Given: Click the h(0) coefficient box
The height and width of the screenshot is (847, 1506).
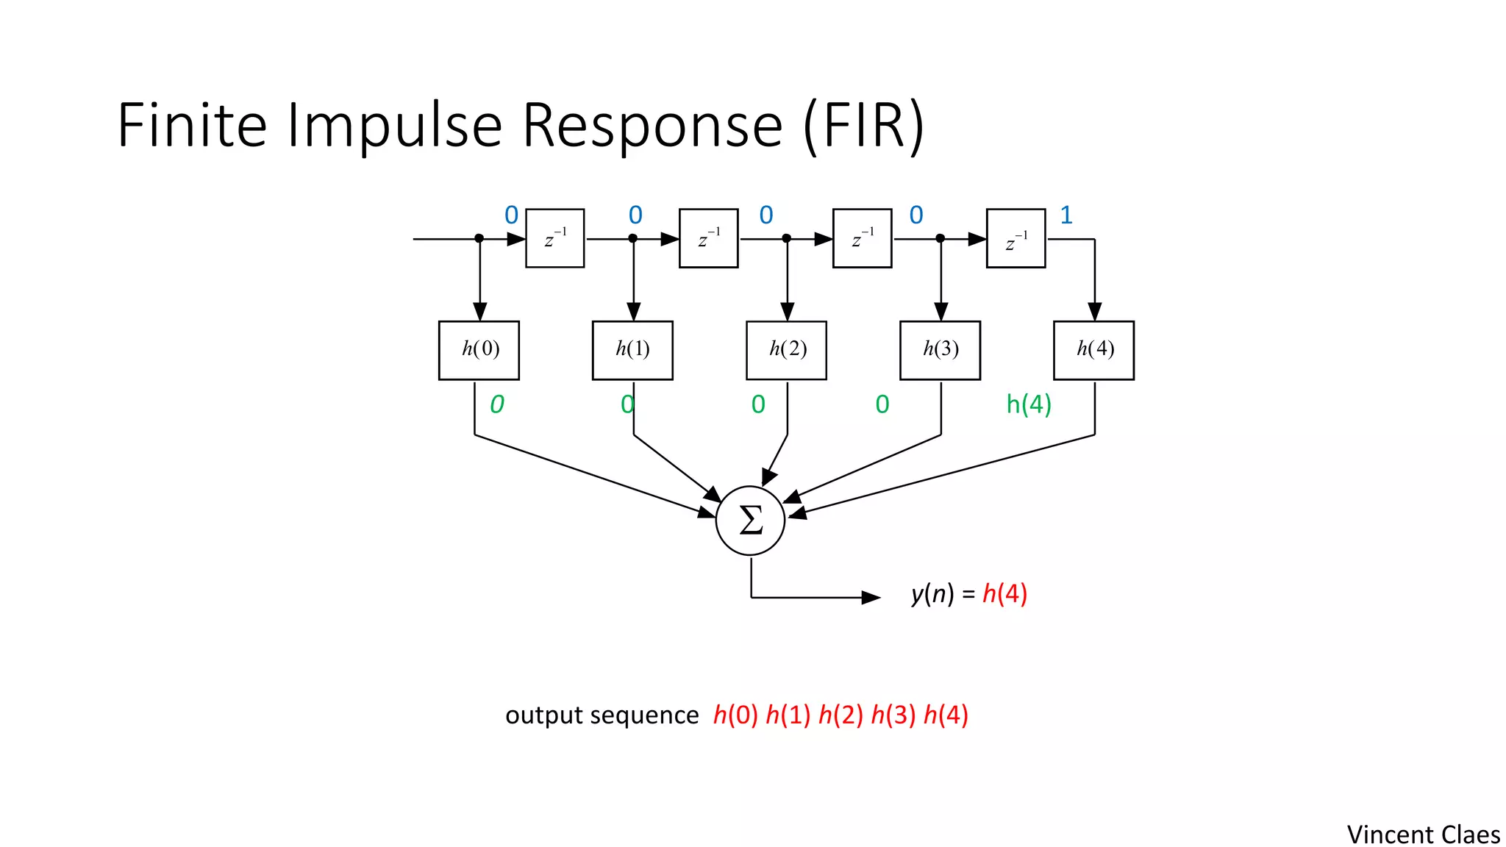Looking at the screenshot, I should click(x=479, y=350).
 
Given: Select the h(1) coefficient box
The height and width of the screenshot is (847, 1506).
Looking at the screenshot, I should click(x=632, y=350).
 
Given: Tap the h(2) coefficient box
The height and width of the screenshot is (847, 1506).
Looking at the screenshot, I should click(x=786, y=350).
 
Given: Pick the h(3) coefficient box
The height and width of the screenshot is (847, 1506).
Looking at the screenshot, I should click(x=940, y=350).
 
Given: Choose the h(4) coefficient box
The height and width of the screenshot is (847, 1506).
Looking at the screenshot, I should click(x=1093, y=350).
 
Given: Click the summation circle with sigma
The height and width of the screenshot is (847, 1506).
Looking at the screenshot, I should click(x=750, y=521).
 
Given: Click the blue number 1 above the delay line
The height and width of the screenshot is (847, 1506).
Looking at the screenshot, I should click(x=1066, y=215).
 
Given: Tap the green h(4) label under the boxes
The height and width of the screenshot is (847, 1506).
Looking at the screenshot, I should click(x=1028, y=404).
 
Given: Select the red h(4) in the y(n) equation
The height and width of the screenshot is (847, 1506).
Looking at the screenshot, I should click(x=1004, y=593).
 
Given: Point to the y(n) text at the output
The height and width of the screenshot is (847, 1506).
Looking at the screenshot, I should click(x=932, y=593).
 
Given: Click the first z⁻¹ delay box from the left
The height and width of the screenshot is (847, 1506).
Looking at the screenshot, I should click(x=555, y=238).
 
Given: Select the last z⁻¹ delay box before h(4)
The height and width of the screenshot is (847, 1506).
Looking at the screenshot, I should click(x=1016, y=238).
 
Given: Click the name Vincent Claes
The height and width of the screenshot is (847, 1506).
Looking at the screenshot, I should click(x=1423, y=835).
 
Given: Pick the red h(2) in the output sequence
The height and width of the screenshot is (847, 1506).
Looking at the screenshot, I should click(x=841, y=715).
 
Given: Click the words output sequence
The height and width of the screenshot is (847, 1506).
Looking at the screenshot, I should click(x=602, y=715).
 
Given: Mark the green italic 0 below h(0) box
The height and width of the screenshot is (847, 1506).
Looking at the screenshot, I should click(x=497, y=404).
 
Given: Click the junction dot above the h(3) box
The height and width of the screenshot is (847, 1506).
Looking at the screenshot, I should click(x=940, y=238).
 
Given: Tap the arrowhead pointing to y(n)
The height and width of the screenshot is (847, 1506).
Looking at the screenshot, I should click(x=871, y=597).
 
